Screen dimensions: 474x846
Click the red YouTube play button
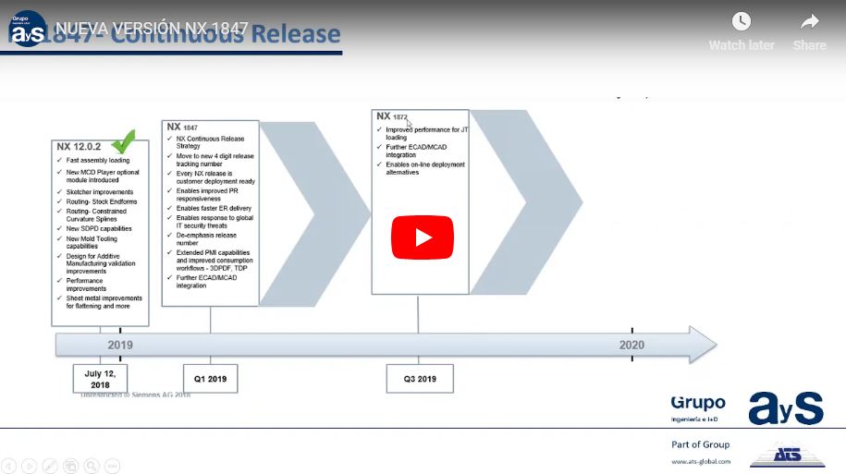(423, 237)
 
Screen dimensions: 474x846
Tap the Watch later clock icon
(742, 22)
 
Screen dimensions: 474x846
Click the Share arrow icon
(810, 22)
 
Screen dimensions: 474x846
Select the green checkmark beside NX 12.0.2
(124, 142)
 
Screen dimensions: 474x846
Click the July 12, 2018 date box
(100, 379)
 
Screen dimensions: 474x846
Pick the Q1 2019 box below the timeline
(210, 379)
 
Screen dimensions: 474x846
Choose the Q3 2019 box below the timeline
(420, 379)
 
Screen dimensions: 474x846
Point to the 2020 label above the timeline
(633, 345)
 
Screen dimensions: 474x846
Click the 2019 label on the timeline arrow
(120, 345)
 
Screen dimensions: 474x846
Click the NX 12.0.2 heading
(78, 147)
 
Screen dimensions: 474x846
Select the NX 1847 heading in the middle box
(182, 127)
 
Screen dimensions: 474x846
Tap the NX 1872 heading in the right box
(392, 116)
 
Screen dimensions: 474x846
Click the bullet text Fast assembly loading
(98, 160)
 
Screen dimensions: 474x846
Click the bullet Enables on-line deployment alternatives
(426, 168)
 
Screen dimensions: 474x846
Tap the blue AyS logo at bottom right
(785, 407)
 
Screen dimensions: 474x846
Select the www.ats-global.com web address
(701, 461)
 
